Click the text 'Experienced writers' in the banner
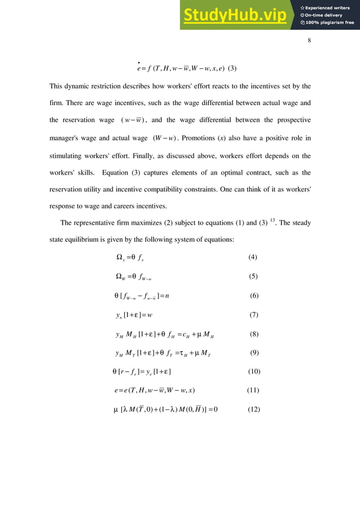(330, 8)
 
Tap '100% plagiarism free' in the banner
(330, 23)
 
